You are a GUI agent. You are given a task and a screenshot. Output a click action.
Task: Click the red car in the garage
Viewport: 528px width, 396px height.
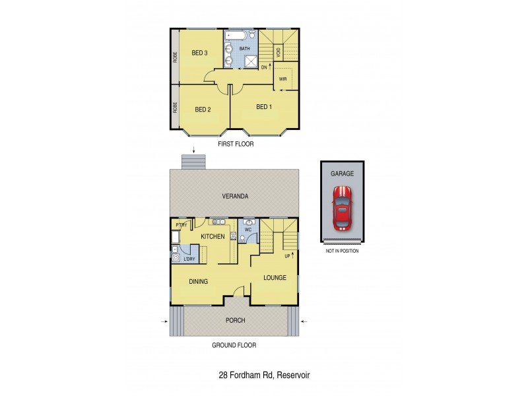(x=342, y=206)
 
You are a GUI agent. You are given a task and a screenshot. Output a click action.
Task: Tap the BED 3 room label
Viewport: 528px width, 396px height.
(x=200, y=53)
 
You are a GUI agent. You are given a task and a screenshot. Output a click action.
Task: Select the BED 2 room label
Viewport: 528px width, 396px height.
(x=202, y=110)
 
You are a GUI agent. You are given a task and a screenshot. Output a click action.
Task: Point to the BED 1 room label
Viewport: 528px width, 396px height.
(x=264, y=107)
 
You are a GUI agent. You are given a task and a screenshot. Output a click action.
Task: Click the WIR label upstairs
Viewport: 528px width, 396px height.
(x=282, y=79)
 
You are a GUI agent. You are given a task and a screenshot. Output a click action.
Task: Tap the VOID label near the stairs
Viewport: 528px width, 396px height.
(x=279, y=52)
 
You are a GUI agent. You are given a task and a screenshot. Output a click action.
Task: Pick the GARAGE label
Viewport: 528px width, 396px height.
(x=342, y=173)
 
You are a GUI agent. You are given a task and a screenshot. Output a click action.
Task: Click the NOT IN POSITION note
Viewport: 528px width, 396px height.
(x=342, y=251)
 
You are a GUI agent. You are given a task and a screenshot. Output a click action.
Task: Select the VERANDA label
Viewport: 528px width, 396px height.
(x=235, y=197)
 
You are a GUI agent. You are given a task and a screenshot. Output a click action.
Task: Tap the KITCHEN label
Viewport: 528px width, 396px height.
(x=213, y=236)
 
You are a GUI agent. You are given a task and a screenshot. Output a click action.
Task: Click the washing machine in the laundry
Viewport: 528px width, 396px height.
(x=176, y=259)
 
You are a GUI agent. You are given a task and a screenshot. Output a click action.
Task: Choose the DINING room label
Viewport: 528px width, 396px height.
(x=198, y=281)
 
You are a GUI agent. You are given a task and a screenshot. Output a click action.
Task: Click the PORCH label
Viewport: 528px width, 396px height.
(x=235, y=321)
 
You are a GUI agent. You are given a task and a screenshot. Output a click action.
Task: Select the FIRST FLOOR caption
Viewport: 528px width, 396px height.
(x=235, y=143)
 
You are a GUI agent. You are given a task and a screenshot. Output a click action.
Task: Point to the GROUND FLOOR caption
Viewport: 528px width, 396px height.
(x=234, y=345)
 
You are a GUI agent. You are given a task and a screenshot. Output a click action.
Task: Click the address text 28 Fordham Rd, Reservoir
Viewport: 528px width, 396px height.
(x=264, y=375)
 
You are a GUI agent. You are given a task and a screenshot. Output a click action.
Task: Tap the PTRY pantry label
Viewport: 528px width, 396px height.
(x=182, y=225)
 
